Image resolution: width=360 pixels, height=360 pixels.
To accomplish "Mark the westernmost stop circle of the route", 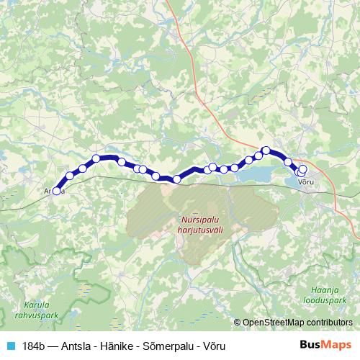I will click(56, 191).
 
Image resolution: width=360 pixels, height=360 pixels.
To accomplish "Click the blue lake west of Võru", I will click(258, 175).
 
